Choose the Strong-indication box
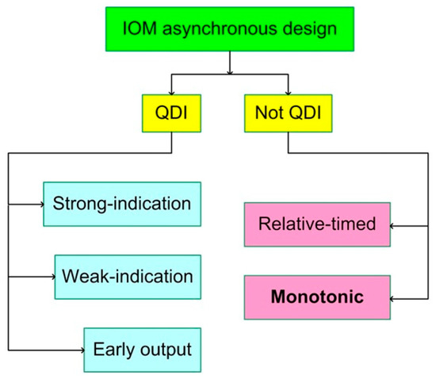coord(121,204)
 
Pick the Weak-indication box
coord(127,276)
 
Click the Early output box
coord(143,349)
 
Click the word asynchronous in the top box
coord(227,28)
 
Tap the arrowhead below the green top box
coord(229,74)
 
